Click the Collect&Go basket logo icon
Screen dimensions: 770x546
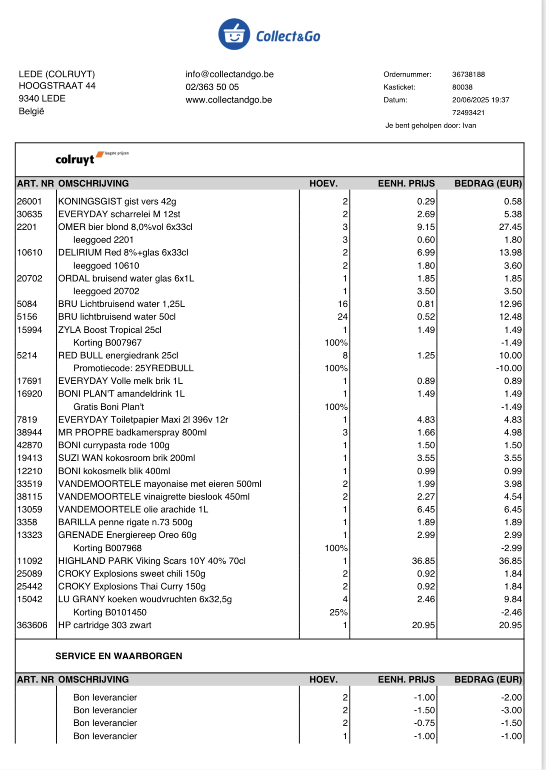pyautogui.click(x=234, y=34)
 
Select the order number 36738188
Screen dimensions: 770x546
pyautogui.click(x=468, y=74)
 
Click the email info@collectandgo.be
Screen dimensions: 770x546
pyautogui.click(x=229, y=74)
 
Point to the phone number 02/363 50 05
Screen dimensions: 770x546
pyautogui.click(x=212, y=87)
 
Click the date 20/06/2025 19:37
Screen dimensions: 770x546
pyautogui.click(x=481, y=100)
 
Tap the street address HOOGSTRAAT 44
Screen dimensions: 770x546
pyautogui.click(x=57, y=86)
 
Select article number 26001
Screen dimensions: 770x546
pyautogui.click(x=29, y=202)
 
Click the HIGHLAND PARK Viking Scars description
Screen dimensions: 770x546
pyautogui.click(x=152, y=561)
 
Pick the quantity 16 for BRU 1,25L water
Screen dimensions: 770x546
pyautogui.click(x=342, y=304)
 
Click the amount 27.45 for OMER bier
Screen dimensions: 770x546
pyautogui.click(x=510, y=227)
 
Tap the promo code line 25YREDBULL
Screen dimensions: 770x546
pyautogui.click(x=133, y=368)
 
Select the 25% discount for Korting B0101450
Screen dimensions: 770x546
pyautogui.click(x=338, y=613)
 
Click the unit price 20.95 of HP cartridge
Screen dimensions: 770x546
pyautogui.click(x=423, y=625)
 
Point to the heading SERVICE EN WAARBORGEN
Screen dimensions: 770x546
pyautogui.click(x=119, y=656)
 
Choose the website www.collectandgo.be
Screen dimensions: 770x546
pyautogui.click(x=228, y=100)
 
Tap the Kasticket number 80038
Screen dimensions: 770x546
pyautogui.click(x=462, y=87)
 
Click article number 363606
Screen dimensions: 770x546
pyautogui.click(x=32, y=625)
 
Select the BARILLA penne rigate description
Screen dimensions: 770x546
pyautogui.click(x=125, y=522)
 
